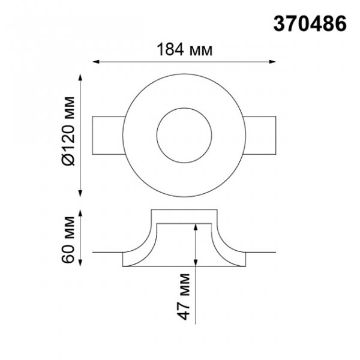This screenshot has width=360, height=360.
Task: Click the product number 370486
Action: [310, 24]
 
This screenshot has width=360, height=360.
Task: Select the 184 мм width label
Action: [184, 50]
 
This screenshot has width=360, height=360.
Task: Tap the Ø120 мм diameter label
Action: [68, 131]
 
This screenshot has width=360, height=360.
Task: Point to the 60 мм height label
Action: [68, 239]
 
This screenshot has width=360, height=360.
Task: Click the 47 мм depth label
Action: [184, 296]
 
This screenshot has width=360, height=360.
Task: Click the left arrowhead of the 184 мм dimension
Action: [96, 62]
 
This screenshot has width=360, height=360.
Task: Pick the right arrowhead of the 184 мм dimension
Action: [272, 62]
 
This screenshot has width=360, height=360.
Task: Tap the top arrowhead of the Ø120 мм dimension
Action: [80, 77]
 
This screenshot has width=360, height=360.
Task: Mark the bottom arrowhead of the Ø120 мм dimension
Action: [80, 194]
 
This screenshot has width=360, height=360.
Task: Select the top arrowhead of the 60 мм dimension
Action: [80, 213]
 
